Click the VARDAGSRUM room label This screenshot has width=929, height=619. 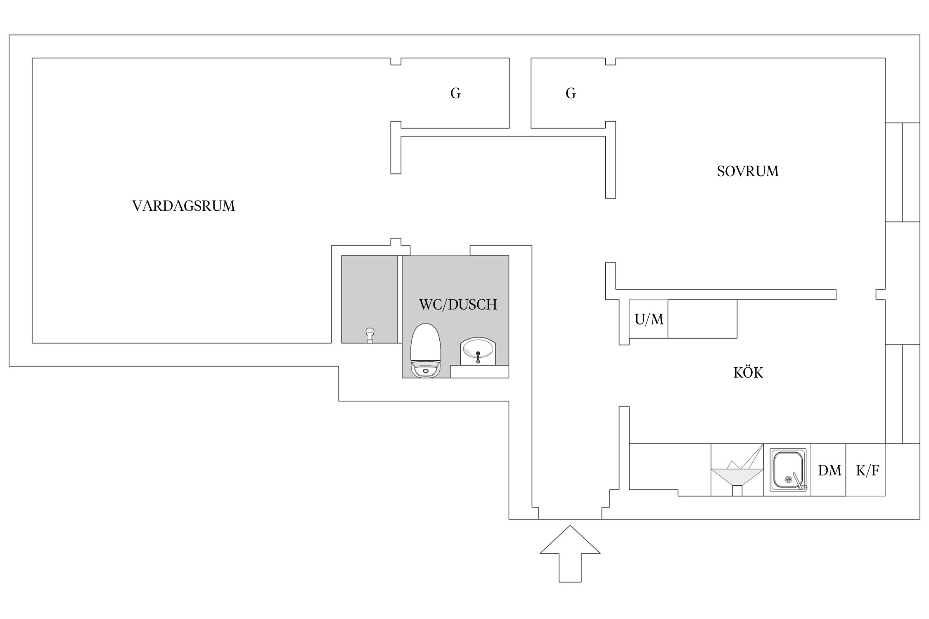[x=183, y=206]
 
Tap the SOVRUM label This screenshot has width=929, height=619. [x=747, y=171]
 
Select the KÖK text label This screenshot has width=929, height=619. [x=748, y=373]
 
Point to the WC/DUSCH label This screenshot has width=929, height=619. [x=458, y=305]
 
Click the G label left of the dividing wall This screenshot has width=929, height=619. [x=455, y=94]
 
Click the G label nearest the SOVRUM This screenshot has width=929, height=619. [x=571, y=94]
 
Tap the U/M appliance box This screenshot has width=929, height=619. [x=649, y=319]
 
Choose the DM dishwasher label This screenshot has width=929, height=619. [x=829, y=470]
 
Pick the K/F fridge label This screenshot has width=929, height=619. [x=867, y=470]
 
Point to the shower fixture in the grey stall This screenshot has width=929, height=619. [x=370, y=335]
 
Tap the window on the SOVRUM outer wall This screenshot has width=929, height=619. [x=903, y=172]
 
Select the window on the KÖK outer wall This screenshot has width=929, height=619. [x=903, y=394]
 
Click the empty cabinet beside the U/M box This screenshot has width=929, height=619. [x=702, y=319]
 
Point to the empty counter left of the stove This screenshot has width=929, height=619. [x=669, y=466]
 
